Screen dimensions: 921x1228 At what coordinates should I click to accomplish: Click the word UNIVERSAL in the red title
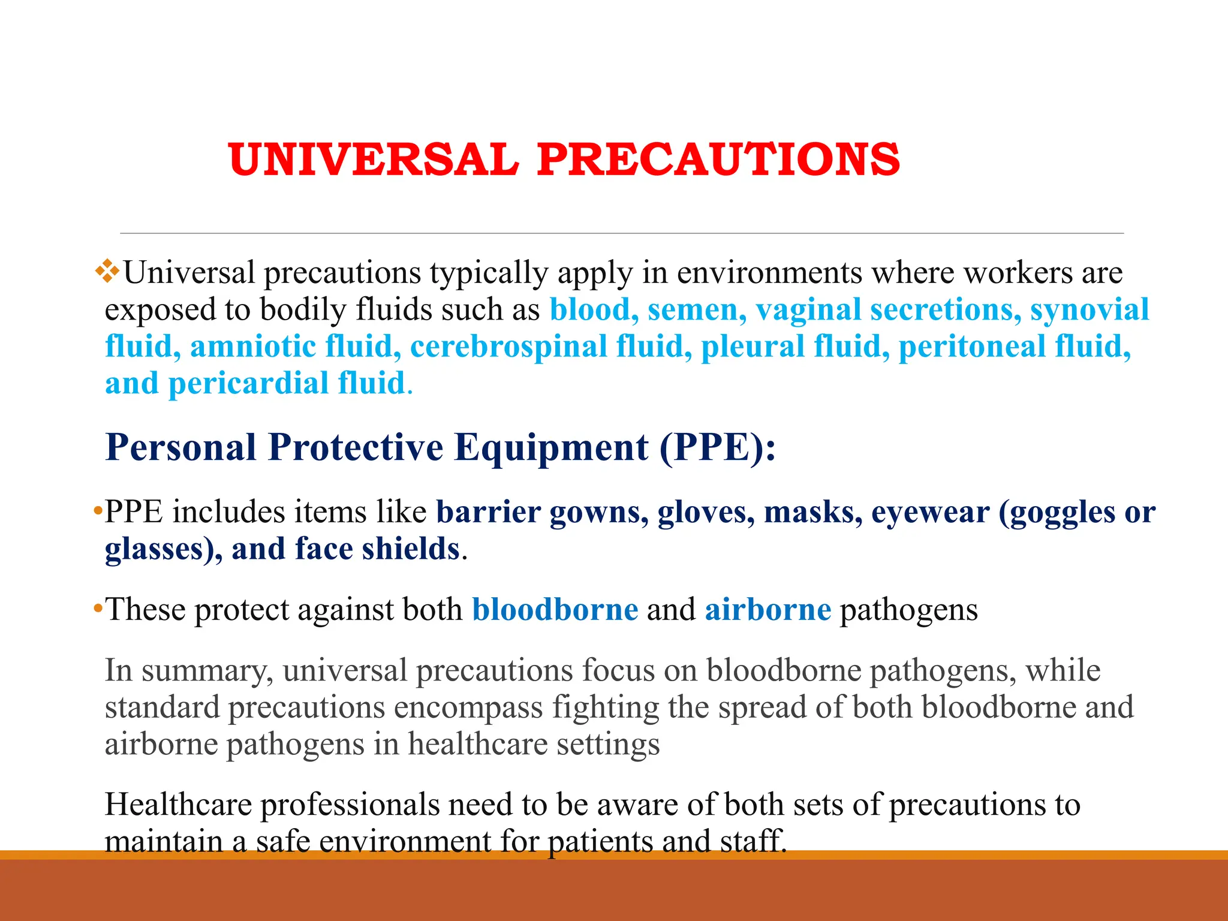[x=373, y=159]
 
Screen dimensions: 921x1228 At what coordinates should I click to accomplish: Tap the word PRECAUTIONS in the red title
[x=718, y=159]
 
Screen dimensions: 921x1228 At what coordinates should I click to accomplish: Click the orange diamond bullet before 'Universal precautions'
[x=107, y=271]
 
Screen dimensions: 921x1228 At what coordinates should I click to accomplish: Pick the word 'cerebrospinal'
[x=508, y=347]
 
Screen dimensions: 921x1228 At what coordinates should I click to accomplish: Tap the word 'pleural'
[x=753, y=347]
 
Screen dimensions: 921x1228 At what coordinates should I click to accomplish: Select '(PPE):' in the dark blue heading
[x=717, y=447]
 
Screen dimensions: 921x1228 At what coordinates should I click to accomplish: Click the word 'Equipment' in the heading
[x=551, y=447]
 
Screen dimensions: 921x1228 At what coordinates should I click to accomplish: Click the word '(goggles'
[x=1057, y=513]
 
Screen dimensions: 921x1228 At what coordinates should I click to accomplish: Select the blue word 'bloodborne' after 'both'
[x=555, y=610]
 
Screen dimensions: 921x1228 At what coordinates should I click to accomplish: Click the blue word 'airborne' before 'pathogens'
[x=767, y=610]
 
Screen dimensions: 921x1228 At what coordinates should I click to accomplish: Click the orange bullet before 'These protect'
[x=97, y=609]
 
